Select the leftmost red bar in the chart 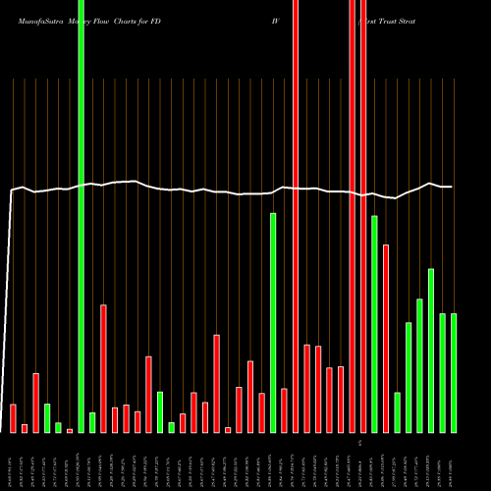tap(14, 418)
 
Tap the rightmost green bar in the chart tap(454, 373)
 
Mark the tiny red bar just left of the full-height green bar tap(70, 431)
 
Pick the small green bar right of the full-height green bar tap(92, 423)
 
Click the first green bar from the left tap(47, 418)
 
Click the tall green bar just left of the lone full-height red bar tap(273, 323)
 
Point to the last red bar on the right tap(386, 339)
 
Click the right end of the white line tap(452, 187)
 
